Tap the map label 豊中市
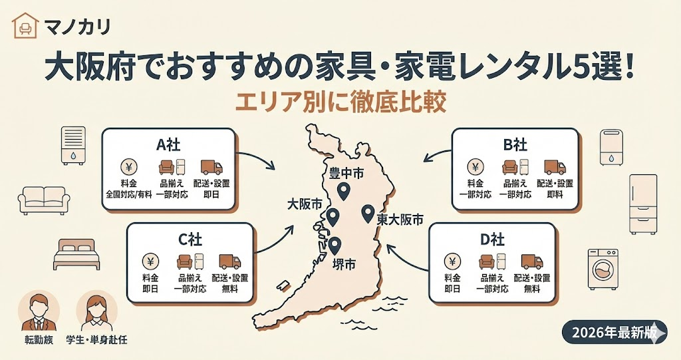point(346,173)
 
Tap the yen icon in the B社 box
point(476,166)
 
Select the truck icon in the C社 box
point(229,262)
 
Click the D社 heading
point(493,240)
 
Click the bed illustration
point(75,254)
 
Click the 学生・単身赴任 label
point(96,340)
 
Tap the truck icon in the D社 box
point(532,262)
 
